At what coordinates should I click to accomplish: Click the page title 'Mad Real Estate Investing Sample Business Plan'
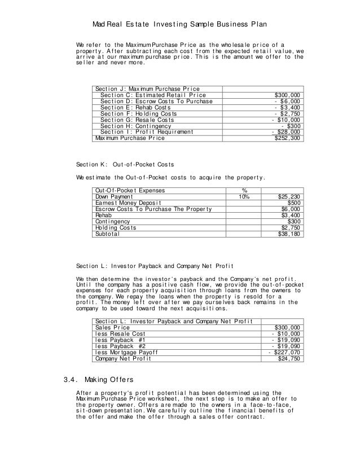[179, 26]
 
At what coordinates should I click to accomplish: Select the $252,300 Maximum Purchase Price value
[287, 138]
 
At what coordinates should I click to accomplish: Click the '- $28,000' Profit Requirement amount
[286, 132]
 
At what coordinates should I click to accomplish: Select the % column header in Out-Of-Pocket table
[244, 191]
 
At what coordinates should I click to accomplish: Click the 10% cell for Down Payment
[244, 197]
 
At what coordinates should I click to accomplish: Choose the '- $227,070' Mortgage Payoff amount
[284, 352]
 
